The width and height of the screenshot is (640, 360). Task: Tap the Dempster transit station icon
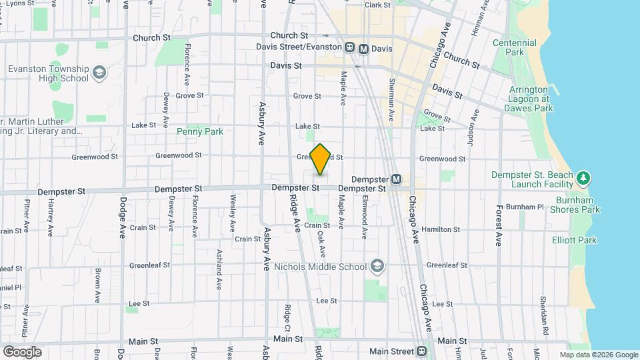[396, 179]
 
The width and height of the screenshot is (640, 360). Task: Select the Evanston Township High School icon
[99, 72]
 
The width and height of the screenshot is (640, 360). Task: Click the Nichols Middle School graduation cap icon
[377, 267]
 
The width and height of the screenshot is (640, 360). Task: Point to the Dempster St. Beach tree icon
[584, 177]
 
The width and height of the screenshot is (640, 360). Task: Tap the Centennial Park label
[515, 47]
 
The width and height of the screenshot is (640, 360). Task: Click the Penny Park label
[200, 132]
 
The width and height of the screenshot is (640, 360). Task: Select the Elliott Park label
[574, 240]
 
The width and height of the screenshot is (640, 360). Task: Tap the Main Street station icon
[421, 351]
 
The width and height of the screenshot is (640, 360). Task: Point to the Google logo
[22, 351]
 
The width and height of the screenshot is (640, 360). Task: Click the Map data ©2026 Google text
[598, 355]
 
